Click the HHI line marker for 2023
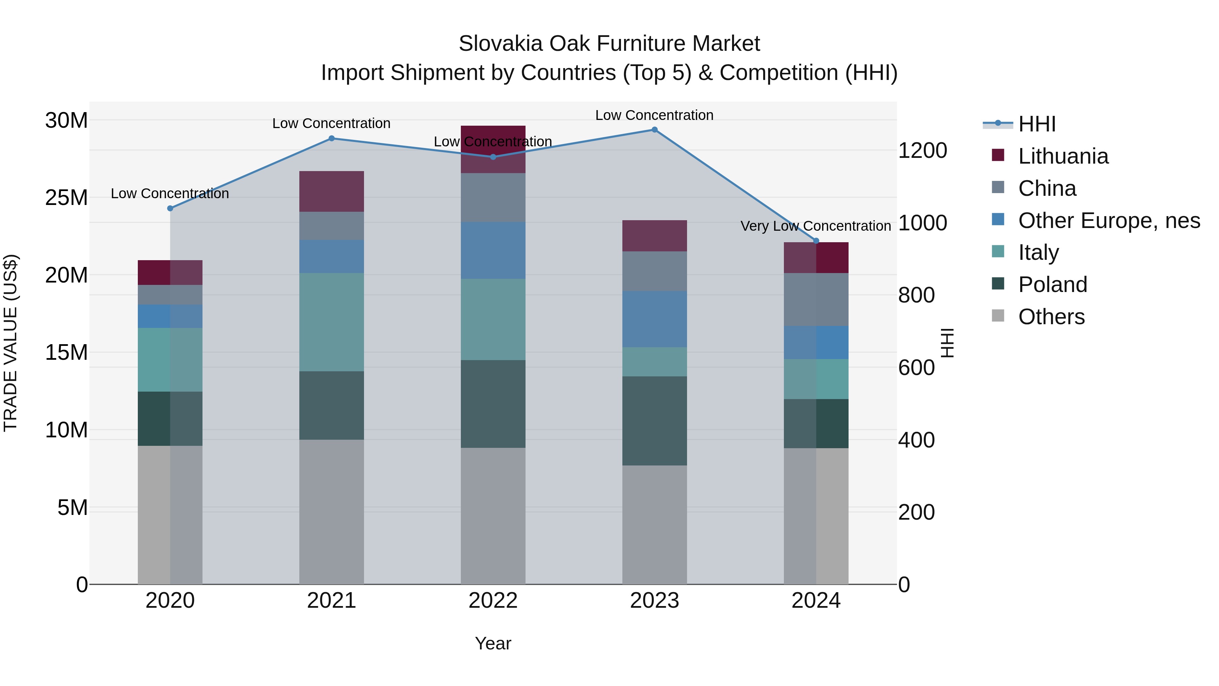pyautogui.click(x=655, y=130)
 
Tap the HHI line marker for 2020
pyautogui.click(x=170, y=208)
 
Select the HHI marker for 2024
pyautogui.click(x=816, y=241)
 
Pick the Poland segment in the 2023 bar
pyautogui.click(x=655, y=420)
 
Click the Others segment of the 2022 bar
pyautogui.click(x=493, y=516)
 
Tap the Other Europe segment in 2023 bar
pyautogui.click(x=655, y=319)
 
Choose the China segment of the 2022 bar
pyautogui.click(x=493, y=198)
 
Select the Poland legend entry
pyautogui.click(x=1052, y=285)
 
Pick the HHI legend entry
pyautogui.click(x=1036, y=124)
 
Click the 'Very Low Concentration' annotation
pyautogui.click(x=815, y=226)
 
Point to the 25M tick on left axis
pyautogui.click(x=66, y=198)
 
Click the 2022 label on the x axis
pyautogui.click(x=493, y=601)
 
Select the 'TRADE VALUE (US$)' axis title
pyautogui.click(x=11, y=343)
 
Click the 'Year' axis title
pyautogui.click(x=493, y=643)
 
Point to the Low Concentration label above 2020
pyautogui.click(x=170, y=194)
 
